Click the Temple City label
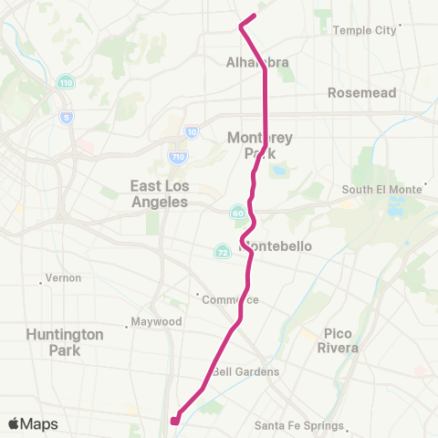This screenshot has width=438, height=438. coord(364,30)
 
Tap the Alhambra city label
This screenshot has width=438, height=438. coord(257,62)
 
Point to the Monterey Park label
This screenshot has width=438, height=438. coord(260,145)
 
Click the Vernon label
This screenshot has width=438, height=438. coord(63,277)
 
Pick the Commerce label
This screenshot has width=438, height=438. coord(232,299)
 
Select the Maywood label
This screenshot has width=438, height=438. coord(157,321)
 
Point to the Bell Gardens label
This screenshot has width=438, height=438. coord(245,371)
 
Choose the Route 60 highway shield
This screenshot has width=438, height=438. coord(237,214)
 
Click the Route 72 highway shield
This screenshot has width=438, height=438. coord(222,251)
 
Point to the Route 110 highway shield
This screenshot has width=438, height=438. coord(66,83)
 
